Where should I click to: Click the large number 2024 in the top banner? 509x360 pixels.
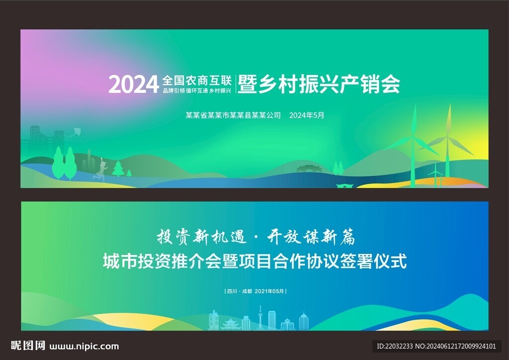point(133,85)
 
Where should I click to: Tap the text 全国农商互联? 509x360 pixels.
point(197,81)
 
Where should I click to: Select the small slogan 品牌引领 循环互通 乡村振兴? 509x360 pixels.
point(197,90)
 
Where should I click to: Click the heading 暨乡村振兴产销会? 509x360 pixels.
point(319,84)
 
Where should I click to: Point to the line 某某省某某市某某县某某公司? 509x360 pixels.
point(233,115)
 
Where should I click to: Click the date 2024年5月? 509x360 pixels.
point(306,115)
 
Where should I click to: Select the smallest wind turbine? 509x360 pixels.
point(435,176)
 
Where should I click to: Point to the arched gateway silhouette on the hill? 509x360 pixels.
point(309,169)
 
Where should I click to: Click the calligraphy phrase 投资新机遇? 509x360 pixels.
point(201,237)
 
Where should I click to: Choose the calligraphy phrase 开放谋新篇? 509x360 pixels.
point(311,237)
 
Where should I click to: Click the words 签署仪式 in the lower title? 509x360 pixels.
point(373,262)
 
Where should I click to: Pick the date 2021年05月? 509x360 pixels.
point(269,291)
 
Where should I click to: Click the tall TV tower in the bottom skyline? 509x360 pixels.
point(260,317)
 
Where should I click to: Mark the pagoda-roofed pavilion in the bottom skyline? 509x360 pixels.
point(231,324)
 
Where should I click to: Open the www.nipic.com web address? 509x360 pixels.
point(84,347)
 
